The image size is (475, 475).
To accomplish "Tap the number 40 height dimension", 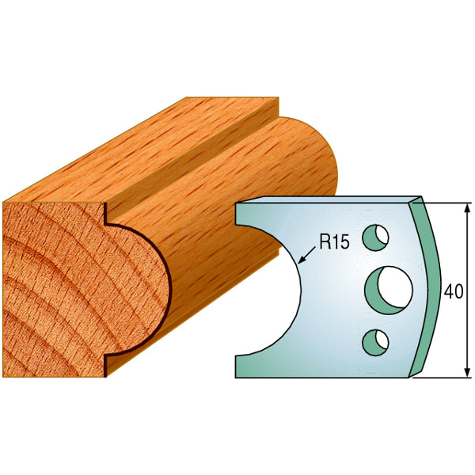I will [454, 291].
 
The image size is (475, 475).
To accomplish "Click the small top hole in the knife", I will [376, 236].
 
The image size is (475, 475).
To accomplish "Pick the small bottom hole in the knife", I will [376, 340].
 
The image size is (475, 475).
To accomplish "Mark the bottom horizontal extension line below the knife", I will [443, 378].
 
